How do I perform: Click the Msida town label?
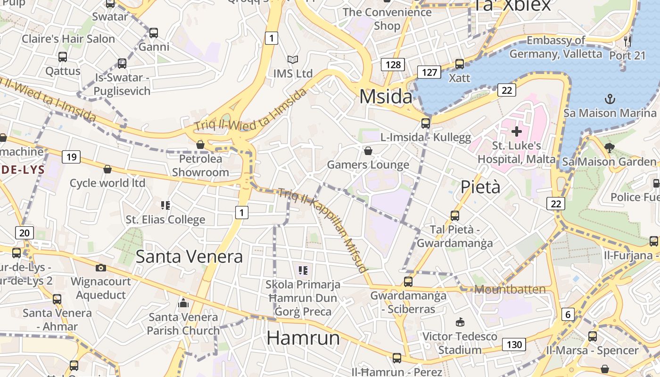[386, 97]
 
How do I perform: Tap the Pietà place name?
[480, 187]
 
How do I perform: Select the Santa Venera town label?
[189, 256]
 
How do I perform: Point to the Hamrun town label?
[303, 338]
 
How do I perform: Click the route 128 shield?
[393, 65]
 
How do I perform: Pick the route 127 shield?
[429, 72]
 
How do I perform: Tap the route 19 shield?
[71, 157]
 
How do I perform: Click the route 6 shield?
[568, 314]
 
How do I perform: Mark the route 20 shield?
[25, 232]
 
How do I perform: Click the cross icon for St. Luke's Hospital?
[517, 131]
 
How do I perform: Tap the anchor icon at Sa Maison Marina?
[610, 99]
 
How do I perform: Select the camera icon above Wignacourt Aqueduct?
[100, 268]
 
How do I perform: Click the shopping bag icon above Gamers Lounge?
[368, 151]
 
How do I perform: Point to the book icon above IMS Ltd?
[293, 60]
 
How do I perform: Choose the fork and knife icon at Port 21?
[627, 41]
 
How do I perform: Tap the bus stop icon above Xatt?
[459, 64]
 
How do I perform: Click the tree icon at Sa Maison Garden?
[609, 148]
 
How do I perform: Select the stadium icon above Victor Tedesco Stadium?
[460, 322]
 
